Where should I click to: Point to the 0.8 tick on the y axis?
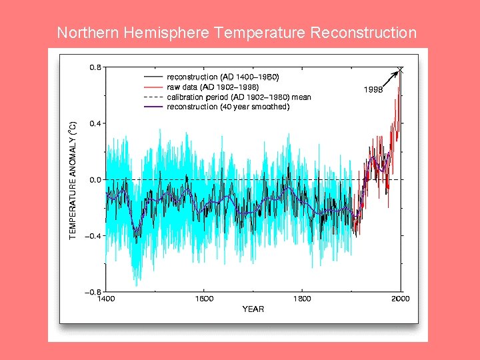click(x=95, y=67)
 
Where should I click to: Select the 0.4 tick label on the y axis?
click(x=95, y=123)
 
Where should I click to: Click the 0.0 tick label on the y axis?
click(x=95, y=180)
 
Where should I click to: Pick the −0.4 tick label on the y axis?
click(x=94, y=236)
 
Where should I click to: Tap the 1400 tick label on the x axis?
click(x=106, y=299)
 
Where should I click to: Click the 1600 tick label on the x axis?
click(x=204, y=299)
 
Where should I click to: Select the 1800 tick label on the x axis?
click(x=303, y=299)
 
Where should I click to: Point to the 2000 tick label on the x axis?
click(x=401, y=299)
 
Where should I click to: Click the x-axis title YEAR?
click(x=253, y=309)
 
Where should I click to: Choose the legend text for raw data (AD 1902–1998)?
click(x=213, y=87)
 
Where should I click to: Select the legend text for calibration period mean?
click(x=239, y=97)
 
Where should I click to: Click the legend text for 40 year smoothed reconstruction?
click(x=228, y=107)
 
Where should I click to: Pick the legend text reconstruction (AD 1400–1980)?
click(x=223, y=77)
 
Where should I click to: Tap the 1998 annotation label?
click(x=372, y=90)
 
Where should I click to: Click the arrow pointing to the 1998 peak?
click(x=387, y=77)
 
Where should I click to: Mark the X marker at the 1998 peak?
click(x=401, y=69)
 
